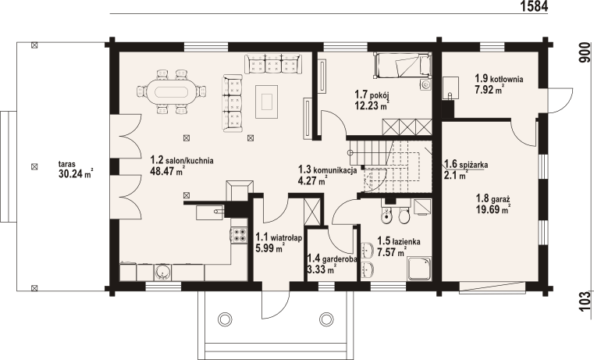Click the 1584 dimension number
534,6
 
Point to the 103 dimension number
585,301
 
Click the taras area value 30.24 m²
76,174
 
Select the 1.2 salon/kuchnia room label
182,160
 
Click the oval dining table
171,91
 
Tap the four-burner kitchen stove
239,234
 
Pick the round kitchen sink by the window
163,272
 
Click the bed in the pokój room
403,65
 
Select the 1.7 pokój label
372,94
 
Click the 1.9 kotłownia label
500,79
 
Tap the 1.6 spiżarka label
466,165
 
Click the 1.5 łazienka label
399,241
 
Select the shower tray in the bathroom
419,269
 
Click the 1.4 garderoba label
333,258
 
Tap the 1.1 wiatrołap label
279,237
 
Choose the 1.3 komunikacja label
327,169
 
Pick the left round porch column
225,319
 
